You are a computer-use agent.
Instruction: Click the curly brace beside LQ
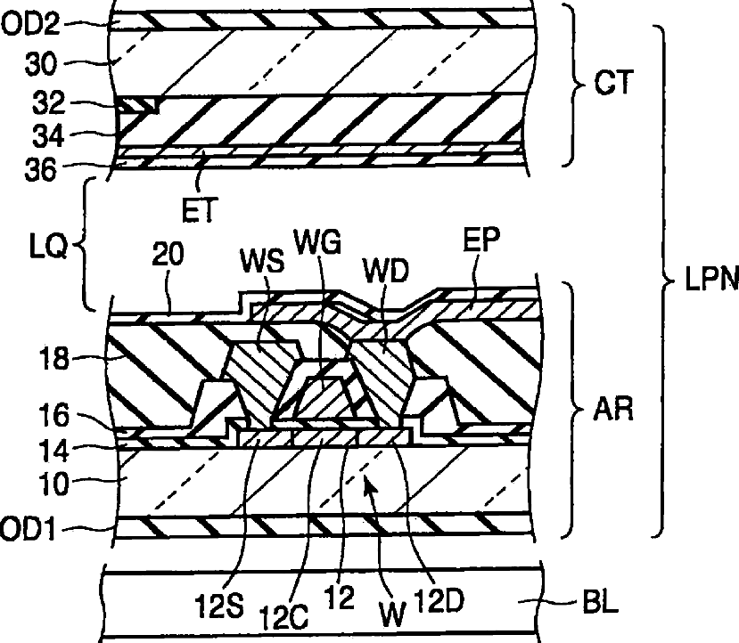click(x=87, y=242)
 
